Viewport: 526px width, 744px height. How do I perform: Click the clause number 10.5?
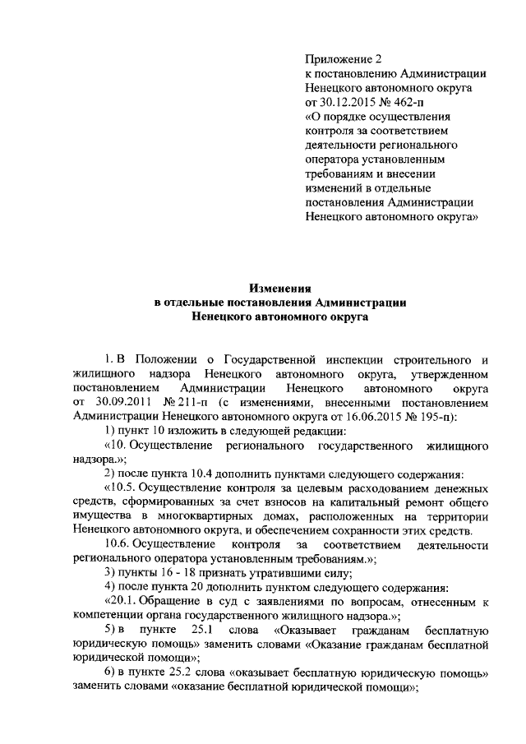[120, 487]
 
